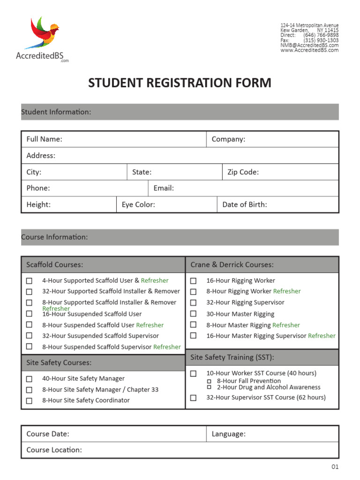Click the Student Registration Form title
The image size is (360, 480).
180,83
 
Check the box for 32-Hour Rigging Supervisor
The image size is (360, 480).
193,303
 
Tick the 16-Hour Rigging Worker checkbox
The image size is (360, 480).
193,281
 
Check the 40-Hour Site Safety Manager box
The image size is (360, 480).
29,379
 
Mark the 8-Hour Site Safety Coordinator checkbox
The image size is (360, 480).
29,400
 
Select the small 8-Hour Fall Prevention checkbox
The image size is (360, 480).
210,381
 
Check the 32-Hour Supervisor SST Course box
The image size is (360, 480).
193,397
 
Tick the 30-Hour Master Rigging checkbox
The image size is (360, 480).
193,314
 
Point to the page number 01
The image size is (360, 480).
335,467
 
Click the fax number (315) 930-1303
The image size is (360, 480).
321,40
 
